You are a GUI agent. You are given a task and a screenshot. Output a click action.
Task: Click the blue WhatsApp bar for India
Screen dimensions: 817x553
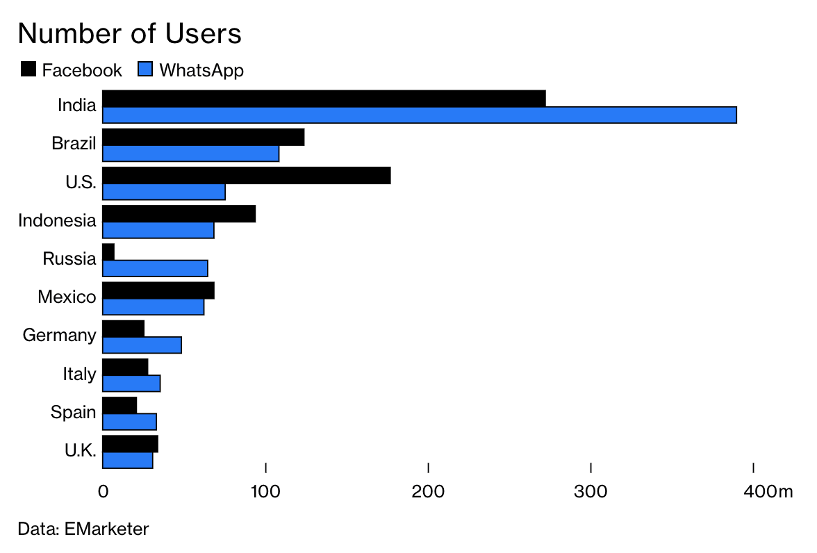click(x=420, y=115)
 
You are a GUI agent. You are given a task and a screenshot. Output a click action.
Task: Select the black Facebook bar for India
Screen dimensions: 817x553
click(x=324, y=99)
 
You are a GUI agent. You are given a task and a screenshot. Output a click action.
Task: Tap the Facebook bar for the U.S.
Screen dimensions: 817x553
click(x=247, y=176)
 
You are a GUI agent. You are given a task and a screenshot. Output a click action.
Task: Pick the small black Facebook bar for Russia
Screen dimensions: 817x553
click(x=108, y=252)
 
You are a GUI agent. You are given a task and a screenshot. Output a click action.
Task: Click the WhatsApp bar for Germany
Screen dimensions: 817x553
click(x=142, y=345)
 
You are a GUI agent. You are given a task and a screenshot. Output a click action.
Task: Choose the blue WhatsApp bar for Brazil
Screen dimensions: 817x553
click(x=190, y=154)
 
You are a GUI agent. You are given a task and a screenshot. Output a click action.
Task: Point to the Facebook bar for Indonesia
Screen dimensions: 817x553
click(x=179, y=214)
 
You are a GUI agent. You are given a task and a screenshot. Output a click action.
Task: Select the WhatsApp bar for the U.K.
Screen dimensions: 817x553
click(x=128, y=460)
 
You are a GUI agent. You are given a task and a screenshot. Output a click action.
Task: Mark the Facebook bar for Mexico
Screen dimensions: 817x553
click(x=158, y=290)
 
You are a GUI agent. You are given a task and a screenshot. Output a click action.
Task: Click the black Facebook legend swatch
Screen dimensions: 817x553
click(x=28, y=69)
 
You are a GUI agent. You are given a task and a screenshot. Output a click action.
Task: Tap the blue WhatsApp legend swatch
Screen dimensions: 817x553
click(x=145, y=69)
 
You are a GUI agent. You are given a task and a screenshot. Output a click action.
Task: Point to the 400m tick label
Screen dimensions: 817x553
click(x=768, y=491)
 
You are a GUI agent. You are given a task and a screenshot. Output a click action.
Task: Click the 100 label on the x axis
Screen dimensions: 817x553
click(x=265, y=491)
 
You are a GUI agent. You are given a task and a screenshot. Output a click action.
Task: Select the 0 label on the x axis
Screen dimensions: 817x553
click(x=103, y=491)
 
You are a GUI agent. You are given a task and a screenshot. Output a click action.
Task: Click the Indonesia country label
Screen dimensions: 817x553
click(x=57, y=220)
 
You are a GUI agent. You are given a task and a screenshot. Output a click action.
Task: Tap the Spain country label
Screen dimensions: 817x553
click(x=74, y=412)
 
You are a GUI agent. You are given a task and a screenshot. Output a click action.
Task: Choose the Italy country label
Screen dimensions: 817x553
click(x=79, y=374)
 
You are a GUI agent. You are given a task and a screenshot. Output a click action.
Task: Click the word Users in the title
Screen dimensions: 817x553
click(x=203, y=33)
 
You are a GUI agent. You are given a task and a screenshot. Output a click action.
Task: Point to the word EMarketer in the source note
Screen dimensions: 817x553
click(x=107, y=529)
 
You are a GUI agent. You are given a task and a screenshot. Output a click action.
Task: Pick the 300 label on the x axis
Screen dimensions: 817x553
click(x=591, y=491)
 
